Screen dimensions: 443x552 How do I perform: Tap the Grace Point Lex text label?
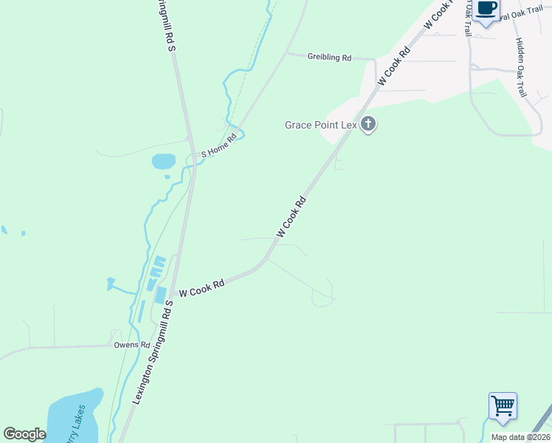(x=321, y=125)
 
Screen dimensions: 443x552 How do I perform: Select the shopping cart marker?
(x=503, y=405)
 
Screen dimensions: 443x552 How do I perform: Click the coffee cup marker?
(x=486, y=10)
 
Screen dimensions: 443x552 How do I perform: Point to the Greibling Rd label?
(x=329, y=57)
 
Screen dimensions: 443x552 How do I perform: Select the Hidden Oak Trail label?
(x=520, y=68)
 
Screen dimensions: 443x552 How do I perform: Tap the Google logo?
(x=24, y=434)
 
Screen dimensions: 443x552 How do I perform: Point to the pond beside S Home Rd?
(x=163, y=160)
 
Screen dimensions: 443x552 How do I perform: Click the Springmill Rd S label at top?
(x=166, y=26)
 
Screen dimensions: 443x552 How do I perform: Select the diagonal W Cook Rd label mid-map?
(x=291, y=217)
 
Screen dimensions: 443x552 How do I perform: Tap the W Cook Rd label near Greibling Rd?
(x=393, y=66)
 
